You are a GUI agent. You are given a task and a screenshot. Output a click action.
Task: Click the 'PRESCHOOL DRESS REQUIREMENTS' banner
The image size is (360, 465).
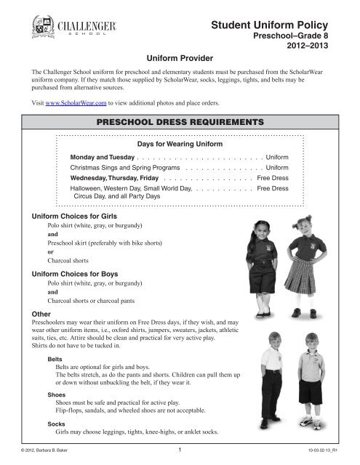(180, 122)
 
